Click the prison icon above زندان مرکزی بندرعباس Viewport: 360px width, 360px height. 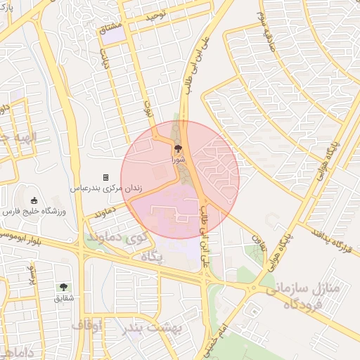tap(105, 177)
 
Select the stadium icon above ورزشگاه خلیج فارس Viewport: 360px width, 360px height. tap(34, 200)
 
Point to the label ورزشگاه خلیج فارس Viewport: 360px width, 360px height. tap(36, 211)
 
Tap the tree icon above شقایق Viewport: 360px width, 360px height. tap(64, 287)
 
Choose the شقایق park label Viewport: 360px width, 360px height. tap(63, 298)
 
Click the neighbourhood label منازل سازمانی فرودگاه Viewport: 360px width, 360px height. tap(303, 296)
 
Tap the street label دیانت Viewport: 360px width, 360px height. tap(105, 61)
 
